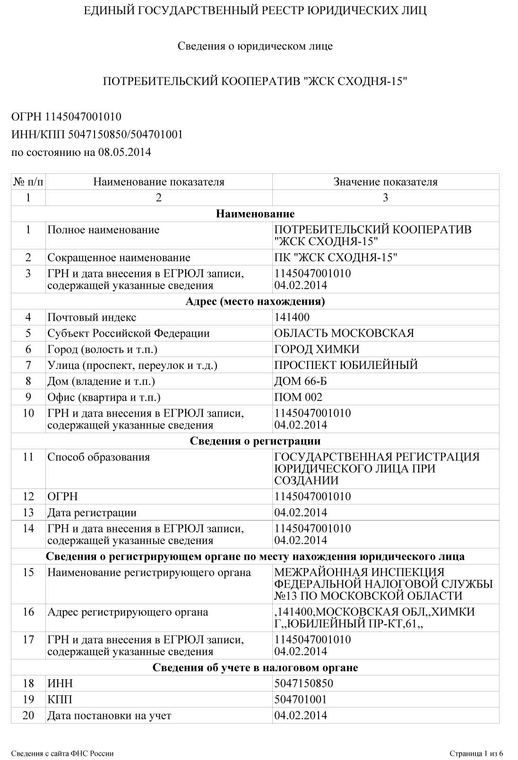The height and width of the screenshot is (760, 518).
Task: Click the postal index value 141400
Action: click(x=292, y=317)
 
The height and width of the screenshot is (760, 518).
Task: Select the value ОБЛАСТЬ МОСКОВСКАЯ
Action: click(x=344, y=333)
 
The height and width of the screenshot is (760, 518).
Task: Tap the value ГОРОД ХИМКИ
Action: click(x=317, y=350)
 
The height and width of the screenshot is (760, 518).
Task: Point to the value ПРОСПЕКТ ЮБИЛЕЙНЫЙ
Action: click(x=346, y=365)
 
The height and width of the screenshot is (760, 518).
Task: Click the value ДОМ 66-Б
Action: click(x=301, y=381)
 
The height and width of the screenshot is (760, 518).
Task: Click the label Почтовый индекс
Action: click(x=92, y=317)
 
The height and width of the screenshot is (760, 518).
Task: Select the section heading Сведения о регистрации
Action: click(x=255, y=441)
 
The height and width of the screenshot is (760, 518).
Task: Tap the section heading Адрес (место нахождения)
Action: click(x=255, y=301)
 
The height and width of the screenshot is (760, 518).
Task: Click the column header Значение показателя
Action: click(x=385, y=182)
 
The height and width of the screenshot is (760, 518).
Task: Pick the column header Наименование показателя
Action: click(x=158, y=182)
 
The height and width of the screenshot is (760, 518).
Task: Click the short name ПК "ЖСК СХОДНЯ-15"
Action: click(x=336, y=257)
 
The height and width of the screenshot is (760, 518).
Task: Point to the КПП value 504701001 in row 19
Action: click(x=301, y=700)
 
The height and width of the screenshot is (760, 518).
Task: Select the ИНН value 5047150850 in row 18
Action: click(x=303, y=683)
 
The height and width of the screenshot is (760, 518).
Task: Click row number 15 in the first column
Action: click(x=28, y=572)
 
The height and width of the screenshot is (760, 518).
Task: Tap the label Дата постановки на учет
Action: click(x=109, y=716)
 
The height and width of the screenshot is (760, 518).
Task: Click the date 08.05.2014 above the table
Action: click(x=125, y=152)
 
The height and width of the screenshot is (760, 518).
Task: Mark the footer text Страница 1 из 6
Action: click(x=476, y=753)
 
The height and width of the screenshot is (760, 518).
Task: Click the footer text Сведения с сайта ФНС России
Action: click(x=62, y=753)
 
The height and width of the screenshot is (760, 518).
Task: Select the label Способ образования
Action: click(x=98, y=457)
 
